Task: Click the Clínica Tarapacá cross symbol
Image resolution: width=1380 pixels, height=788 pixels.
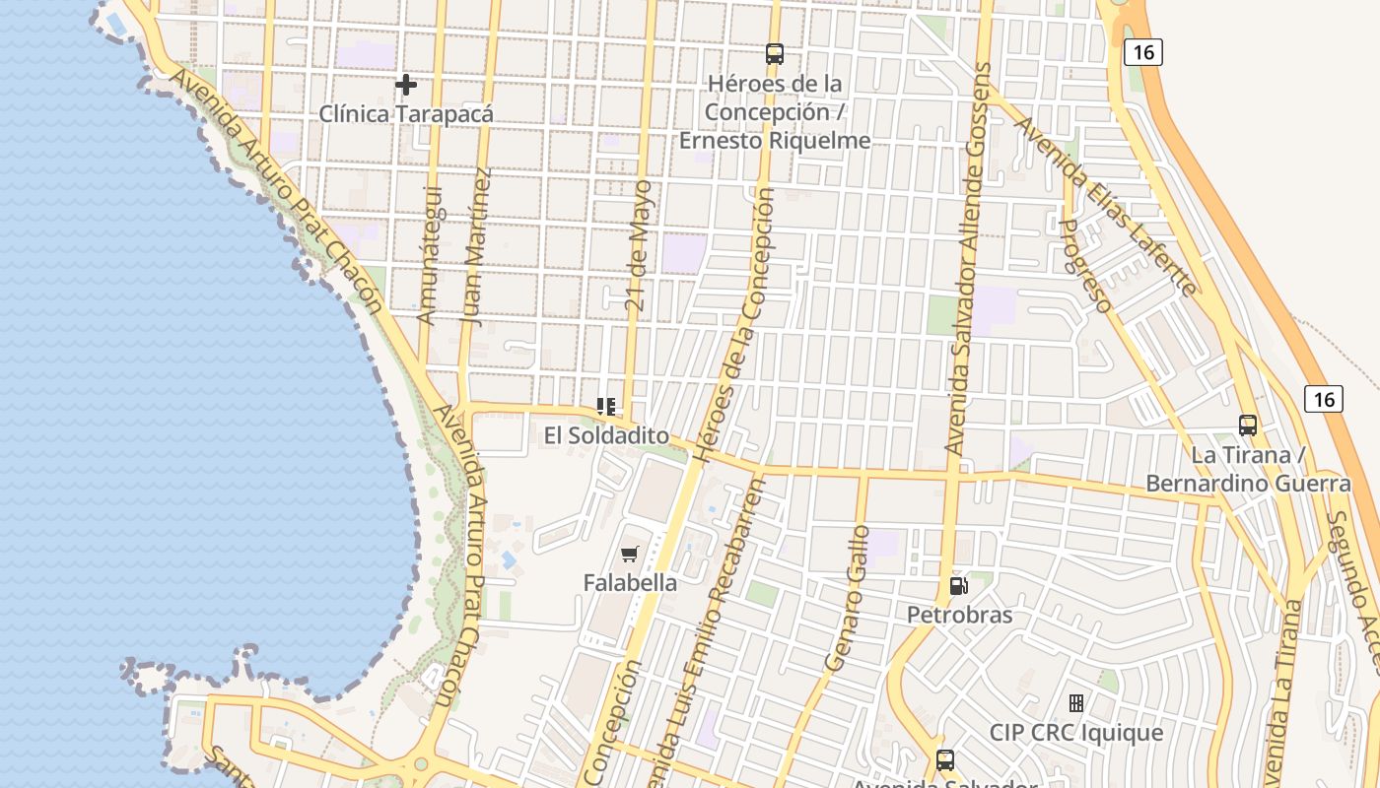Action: [x=405, y=85]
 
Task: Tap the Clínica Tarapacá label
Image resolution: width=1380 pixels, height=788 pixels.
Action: [x=405, y=114]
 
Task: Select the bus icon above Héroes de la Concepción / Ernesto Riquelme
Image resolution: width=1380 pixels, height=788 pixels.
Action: [x=775, y=54]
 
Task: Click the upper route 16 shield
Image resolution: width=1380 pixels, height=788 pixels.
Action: [x=1142, y=51]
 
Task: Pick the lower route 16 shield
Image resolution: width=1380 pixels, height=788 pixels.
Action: [x=1323, y=399]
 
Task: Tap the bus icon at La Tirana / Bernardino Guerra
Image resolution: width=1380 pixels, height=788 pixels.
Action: [x=1248, y=426]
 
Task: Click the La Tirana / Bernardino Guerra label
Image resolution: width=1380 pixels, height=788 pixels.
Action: [x=1248, y=470]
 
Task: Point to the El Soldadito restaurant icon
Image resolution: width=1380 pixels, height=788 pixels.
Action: [x=606, y=406]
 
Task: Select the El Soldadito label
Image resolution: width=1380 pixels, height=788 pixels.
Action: [x=606, y=435]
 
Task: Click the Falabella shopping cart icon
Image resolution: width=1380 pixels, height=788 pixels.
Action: [x=630, y=555]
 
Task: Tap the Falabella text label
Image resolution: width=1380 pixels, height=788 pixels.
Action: [x=630, y=583]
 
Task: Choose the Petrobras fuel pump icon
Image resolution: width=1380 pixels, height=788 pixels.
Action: [x=958, y=586]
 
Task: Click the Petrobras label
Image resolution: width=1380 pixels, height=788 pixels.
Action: [x=959, y=616]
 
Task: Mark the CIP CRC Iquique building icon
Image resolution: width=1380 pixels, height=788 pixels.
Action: [x=1076, y=703]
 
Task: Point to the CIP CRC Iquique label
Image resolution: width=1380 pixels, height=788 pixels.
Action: [x=1076, y=734]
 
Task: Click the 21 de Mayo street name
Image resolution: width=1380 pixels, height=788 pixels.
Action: [x=639, y=246]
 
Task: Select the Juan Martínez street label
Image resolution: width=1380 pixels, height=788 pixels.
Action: [x=476, y=246]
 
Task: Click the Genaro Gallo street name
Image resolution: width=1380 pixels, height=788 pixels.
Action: [x=849, y=598]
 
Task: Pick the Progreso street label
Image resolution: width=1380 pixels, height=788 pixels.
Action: [x=1084, y=266]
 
